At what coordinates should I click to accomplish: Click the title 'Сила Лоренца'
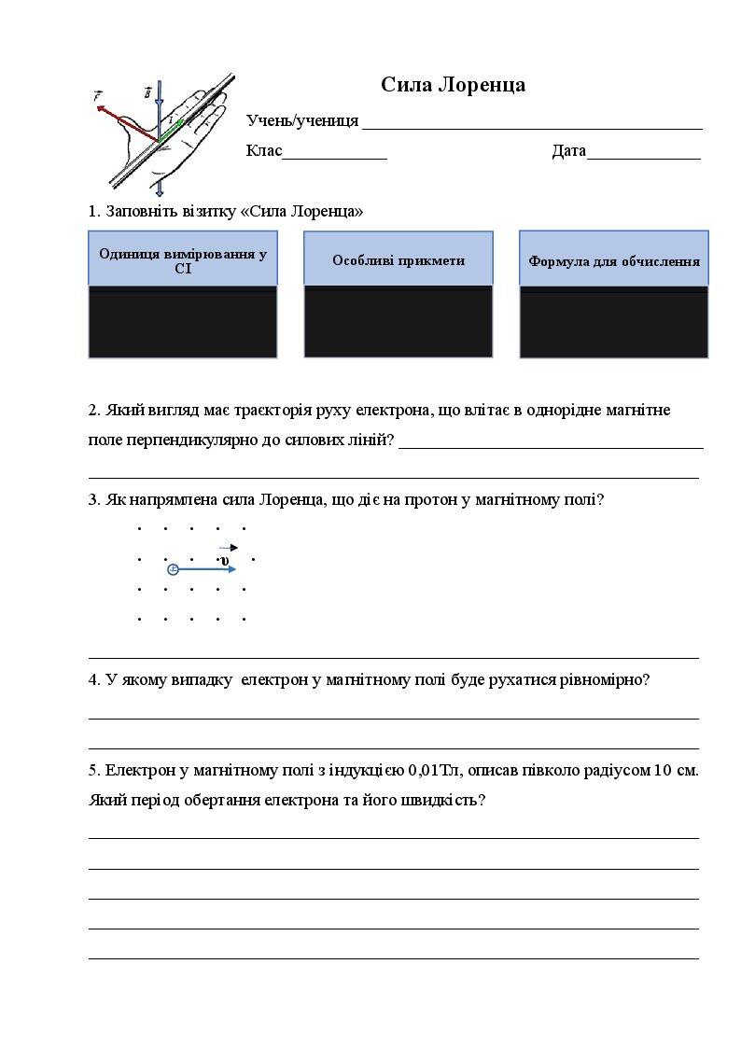point(453,85)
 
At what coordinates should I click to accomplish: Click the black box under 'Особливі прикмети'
point(398,321)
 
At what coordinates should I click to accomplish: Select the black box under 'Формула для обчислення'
point(614,323)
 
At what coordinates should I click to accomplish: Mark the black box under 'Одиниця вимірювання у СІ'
point(183,323)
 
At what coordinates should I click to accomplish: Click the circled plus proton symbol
point(173,568)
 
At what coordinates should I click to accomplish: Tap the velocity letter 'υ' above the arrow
point(225,559)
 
